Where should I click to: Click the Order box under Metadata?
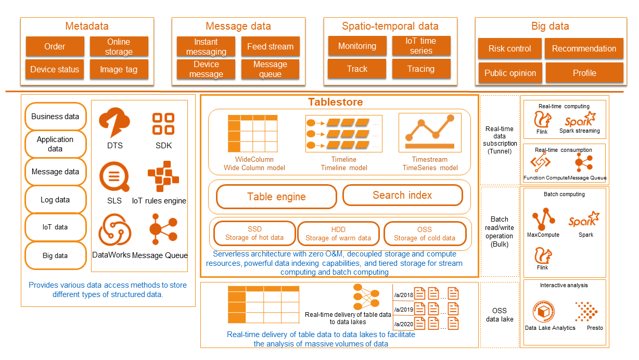(x=55, y=47)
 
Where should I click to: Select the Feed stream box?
(x=270, y=47)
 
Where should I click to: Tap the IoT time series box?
(x=421, y=46)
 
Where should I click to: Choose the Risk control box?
(x=509, y=49)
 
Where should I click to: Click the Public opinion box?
(x=510, y=73)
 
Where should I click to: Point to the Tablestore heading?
(x=335, y=102)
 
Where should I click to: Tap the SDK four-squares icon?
(x=163, y=124)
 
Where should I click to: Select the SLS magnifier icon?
(x=114, y=177)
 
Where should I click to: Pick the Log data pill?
(x=55, y=200)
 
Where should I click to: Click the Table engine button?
(x=276, y=197)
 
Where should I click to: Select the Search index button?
(x=402, y=196)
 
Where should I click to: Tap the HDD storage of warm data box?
(x=338, y=234)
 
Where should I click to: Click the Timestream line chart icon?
(x=430, y=132)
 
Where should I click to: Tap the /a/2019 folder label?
(x=403, y=310)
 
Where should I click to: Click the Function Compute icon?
(x=540, y=163)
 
